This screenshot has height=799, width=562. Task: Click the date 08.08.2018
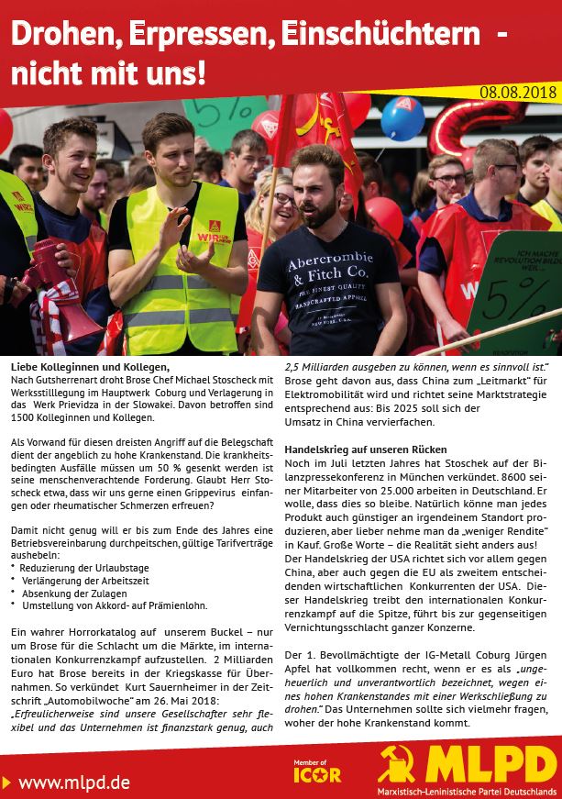click(518, 92)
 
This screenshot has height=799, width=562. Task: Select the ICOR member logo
click(316, 771)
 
